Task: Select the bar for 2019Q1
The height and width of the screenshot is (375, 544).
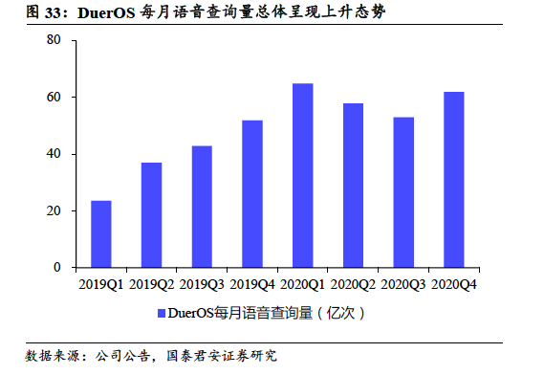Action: coord(101,234)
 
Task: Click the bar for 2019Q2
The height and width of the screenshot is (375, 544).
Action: coord(151,215)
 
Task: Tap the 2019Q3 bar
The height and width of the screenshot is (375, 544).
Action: coord(202,207)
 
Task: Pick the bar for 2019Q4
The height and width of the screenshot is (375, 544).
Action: coord(251,194)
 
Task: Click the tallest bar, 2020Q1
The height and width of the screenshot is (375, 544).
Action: coord(302,176)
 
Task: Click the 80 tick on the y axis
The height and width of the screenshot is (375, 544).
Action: coord(54,40)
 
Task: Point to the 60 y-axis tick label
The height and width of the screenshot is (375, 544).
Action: coord(54,98)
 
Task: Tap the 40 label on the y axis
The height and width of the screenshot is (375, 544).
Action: coord(54,154)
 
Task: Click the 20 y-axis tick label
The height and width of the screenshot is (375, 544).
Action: coord(54,210)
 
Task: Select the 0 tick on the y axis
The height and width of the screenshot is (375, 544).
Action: coord(57,268)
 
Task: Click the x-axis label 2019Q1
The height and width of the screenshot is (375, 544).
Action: coord(101,284)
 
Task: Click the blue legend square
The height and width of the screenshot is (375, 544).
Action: coord(159,313)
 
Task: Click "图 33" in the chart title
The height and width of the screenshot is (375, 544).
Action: coord(42,12)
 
